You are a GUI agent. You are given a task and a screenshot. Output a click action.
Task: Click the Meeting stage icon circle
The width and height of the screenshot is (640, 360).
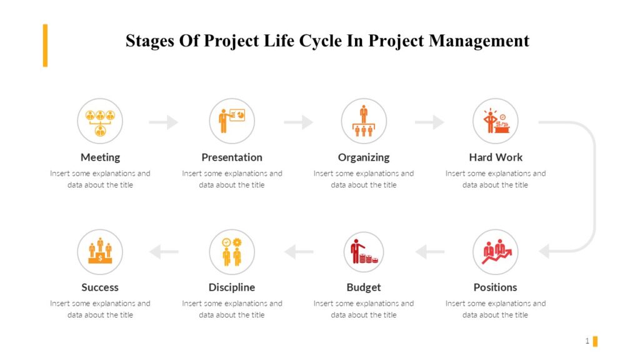pos(100,121)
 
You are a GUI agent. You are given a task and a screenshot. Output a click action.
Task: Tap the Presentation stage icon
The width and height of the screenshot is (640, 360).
pos(232,121)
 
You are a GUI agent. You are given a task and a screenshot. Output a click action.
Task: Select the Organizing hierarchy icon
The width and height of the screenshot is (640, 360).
pos(364,121)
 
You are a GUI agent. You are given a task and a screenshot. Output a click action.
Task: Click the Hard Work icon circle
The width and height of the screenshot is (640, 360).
pos(496,121)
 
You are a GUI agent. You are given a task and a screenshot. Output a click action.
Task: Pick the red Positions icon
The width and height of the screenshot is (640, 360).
pos(496,252)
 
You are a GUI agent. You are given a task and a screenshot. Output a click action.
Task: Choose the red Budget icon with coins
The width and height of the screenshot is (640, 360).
pos(364,252)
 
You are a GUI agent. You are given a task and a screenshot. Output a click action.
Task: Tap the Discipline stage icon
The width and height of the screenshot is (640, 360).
pos(232,252)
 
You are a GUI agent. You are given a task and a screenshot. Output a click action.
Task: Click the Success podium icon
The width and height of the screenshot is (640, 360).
pos(100,252)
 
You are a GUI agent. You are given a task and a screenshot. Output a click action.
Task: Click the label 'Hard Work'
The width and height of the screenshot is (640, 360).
pos(496,157)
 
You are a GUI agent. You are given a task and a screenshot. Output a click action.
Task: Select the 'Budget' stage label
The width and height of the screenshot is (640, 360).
pos(364,287)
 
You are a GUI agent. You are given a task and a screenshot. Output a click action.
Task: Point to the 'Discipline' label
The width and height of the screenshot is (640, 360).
pos(232,287)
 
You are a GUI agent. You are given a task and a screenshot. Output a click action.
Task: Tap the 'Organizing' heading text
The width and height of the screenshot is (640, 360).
pos(364,157)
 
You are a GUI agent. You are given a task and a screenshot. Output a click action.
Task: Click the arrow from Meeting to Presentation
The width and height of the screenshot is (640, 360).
pos(164,122)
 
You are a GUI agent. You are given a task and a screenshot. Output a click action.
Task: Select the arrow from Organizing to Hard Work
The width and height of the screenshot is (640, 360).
pos(429,122)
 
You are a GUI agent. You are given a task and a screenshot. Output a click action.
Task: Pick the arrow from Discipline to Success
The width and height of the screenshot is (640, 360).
pos(164,252)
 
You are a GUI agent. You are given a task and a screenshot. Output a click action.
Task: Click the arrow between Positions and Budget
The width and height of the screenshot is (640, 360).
pos(430,252)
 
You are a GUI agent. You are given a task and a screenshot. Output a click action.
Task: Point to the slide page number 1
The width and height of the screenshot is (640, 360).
pos(587,341)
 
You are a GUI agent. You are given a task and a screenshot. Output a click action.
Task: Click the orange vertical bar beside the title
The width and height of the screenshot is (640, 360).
pos(45,45)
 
